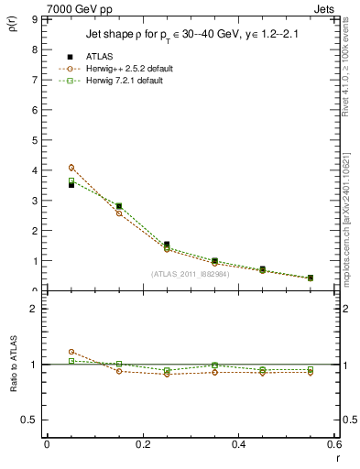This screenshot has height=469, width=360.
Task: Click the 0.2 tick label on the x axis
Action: point(142,444)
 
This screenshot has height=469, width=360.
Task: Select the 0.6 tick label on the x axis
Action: point(334,444)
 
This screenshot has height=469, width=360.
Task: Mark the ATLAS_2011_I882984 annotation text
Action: point(190,273)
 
